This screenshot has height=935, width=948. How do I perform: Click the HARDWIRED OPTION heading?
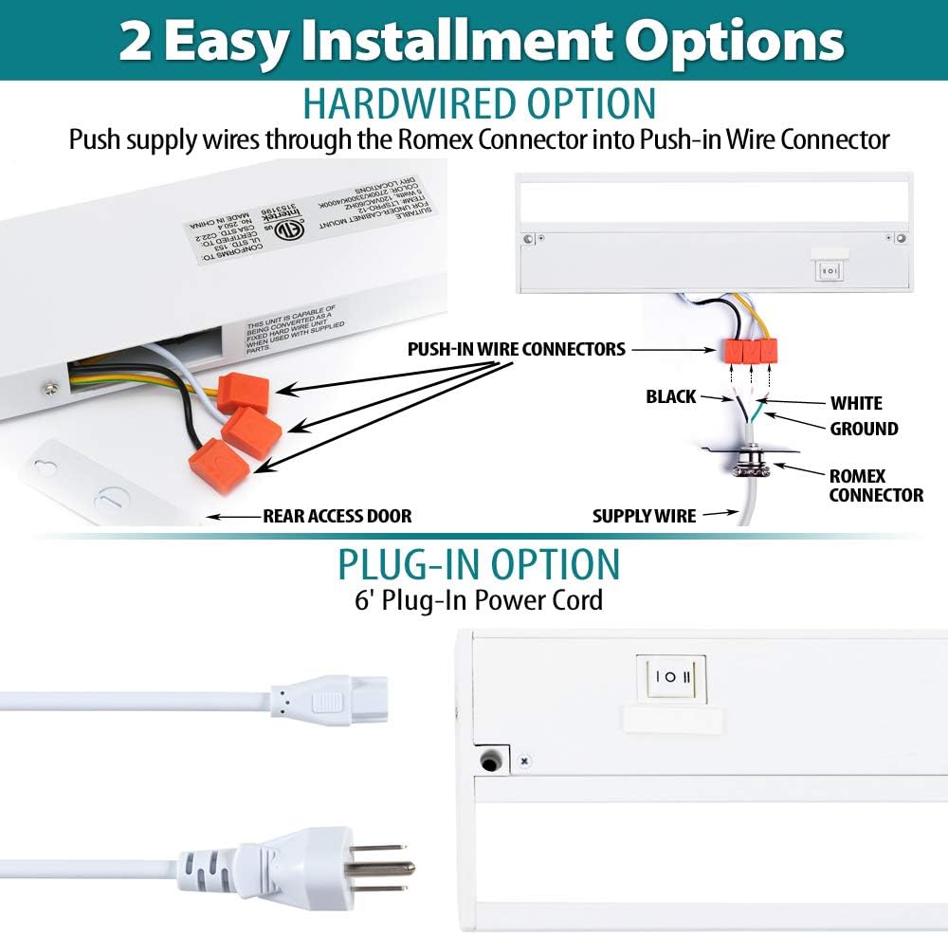479,103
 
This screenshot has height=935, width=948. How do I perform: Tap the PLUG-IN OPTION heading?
479,564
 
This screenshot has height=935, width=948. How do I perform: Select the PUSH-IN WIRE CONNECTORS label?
517,349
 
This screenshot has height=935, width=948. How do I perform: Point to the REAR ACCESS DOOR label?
337,517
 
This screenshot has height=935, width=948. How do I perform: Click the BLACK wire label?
671,396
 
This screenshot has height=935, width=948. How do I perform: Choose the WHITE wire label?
857,403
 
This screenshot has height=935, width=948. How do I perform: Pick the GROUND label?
864,429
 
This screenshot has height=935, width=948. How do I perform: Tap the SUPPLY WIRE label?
645,517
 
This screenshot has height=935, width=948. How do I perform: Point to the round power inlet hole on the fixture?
491,759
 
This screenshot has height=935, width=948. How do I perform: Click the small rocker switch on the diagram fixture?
829,270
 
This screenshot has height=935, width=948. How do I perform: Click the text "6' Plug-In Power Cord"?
479,600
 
